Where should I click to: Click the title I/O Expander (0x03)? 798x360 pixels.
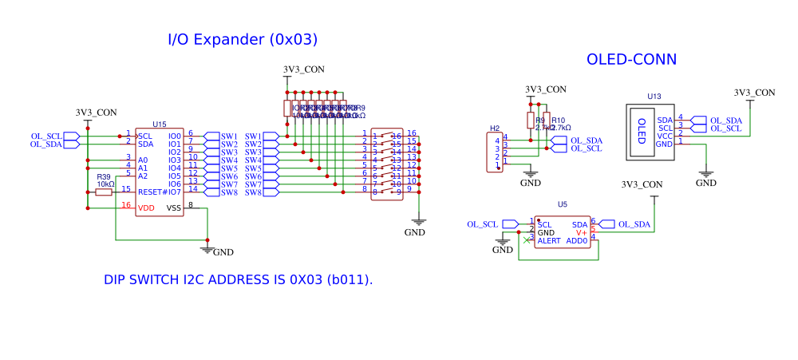pyautogui.click(x=243, y=39)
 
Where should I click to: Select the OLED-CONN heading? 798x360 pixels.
pyautogui.click(x=631, y=59)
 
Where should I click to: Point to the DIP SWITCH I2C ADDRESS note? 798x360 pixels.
pyautogui.click(x=239, y=280)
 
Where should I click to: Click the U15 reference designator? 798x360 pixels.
pyautogui.click(x=160, y=125)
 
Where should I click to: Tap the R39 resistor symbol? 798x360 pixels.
pyautogui.click(x=104, y=192)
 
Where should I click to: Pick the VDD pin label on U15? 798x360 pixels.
pyautogui.click(x=146, y=208)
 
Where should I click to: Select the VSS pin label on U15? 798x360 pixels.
pyautogui.click(x=173, y=208)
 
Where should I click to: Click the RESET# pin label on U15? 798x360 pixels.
pyautogui.click(x=152, y=192)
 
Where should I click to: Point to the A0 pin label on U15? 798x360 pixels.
pyautogui.click(x=143, y=160)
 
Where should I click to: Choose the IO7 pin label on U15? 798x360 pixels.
pyautogui.click(x=175, y=192)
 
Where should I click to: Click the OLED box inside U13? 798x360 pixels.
pyautogui.click(x=641, y=132)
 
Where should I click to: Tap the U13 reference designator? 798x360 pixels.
pyautogui.click(x=654, y=97)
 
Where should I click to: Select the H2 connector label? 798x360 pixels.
pyautogui.click(x=495, y=129)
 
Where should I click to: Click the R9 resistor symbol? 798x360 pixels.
pyautogui.click(x=530, y=120)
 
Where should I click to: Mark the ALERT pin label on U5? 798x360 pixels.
pyautogui.click(x=549, y=240)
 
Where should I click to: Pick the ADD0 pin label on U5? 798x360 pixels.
pyautogui.click(x=576, y=240)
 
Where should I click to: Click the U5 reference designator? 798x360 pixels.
pyautogui.click(x=563, y=205)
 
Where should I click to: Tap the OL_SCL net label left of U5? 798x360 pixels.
pyautogui.click(x=483, y=224)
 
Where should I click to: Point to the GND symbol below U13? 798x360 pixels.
pyautogui.click(x=705, y=174)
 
